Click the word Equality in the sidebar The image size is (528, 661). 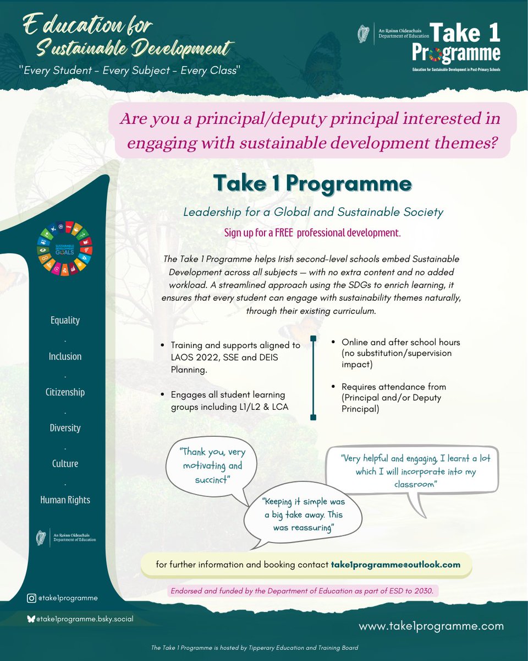tap(65, 321)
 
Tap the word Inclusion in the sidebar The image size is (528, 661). tap(65, 356)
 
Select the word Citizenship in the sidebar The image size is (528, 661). tap(65, 392)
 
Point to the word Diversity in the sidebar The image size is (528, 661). tap(65, 428)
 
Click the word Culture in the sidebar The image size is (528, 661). tap(65, 464)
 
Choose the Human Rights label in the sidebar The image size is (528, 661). tap(65, 500)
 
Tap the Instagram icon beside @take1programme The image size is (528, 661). tap(32, 598)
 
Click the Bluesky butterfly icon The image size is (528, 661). tap(31, 619)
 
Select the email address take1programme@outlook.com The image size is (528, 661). tap(395, 565)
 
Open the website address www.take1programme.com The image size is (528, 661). tap(431, 626)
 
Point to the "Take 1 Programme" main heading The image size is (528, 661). tap(312, 183)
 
